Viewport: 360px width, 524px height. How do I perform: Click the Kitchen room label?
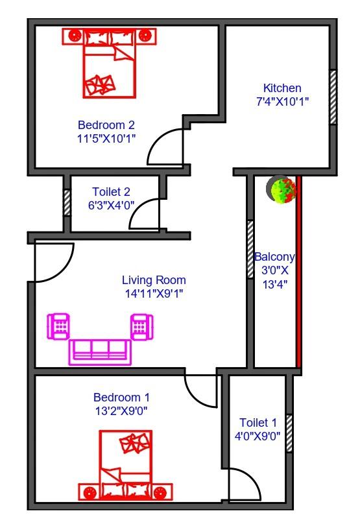(x=282, y=88)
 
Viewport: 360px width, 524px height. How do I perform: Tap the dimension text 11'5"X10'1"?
(x=106, y=138)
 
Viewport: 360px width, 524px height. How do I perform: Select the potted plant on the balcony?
(x=281, y=189)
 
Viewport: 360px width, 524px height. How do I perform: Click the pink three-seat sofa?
(x=100, y=352)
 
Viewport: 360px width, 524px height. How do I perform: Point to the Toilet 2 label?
(x=111, y=192)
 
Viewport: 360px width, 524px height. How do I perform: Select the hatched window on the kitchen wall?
(x=333, y=97)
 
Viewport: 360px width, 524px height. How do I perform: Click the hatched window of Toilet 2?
(x=67, y=203)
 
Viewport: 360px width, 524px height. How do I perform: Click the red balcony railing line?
(x=299, y=272)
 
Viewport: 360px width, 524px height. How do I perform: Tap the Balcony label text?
(x=274, y=257)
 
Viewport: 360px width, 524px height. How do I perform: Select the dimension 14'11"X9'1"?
(x=154, y=294)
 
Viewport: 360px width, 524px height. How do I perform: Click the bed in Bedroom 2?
(x=110, y=63)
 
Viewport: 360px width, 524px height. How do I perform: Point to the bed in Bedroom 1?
(x=126, y=465)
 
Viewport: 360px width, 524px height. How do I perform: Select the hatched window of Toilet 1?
(x=289, y=433)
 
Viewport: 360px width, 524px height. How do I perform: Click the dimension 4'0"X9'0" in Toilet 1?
(x=258, y=436)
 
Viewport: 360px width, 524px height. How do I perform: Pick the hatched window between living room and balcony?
(x=250, y=249)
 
